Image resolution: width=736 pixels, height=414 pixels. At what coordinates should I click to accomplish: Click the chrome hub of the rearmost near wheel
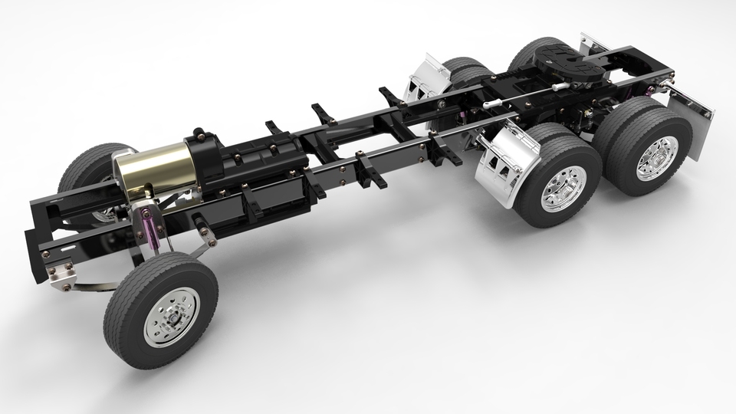point(658,157)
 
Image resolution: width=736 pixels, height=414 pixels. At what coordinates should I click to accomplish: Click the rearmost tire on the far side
point(533,52)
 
